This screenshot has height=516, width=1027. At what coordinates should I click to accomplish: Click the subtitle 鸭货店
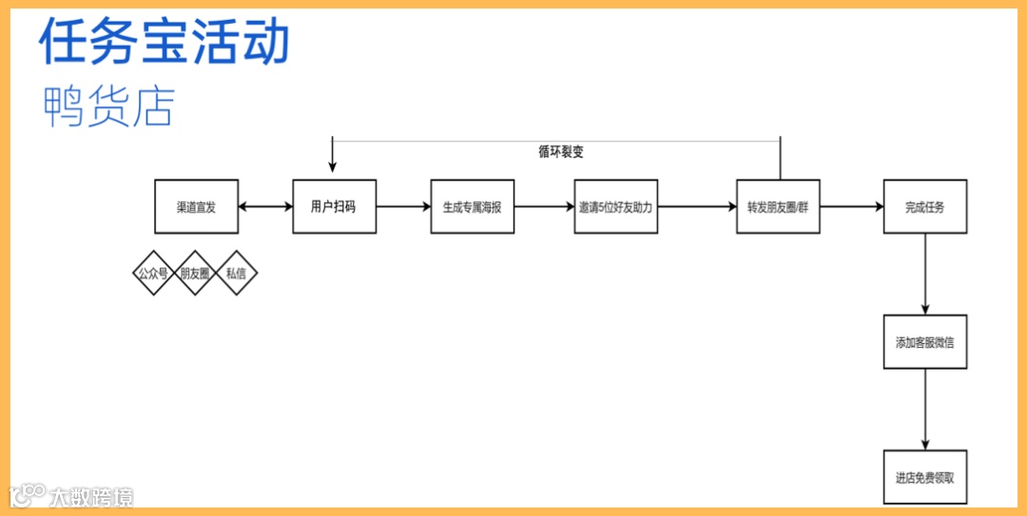pyautogui.click(x=109, y=106)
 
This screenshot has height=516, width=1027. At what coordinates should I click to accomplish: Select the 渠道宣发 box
pyautogui.click(x=196, y=206)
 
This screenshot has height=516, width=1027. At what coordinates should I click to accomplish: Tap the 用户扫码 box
pyautogui.click(x=334, y=206)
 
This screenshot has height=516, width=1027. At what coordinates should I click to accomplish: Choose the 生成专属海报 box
pyautogui.click(x=472, y=206)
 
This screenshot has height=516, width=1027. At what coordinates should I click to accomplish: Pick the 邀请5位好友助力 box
pyautogui.click(x=615, y=206)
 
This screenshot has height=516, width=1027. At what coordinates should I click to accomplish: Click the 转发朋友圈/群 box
pyautogui.click(x=777, y=206)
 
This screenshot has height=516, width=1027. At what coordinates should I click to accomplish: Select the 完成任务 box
pyautogui.click(x=924, y=206)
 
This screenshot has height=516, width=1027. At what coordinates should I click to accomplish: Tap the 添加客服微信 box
pyautogui.click(x=924, y=341)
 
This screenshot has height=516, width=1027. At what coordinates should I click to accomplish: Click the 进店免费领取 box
pyautogui.click(x=924, y=477)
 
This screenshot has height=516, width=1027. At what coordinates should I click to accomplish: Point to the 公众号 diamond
pyautogui.click(x=153, y=273)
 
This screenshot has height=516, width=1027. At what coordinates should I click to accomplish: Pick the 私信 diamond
pyautogui.click(x=237, y=273)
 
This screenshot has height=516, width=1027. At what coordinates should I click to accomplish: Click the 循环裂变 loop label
pyautogui.click(x=560, y=151)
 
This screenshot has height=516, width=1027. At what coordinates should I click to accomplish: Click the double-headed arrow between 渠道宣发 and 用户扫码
pyautogui.click(x=265, y=206)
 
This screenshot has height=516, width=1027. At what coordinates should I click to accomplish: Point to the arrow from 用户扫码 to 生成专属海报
pyautogui.click(x=403, y=206)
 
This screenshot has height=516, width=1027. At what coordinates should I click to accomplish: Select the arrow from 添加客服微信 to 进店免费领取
pyautogui.click(x=925, y=410)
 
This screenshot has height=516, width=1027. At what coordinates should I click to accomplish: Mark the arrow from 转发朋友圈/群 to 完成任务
pyautogui.click(x=851, y=206)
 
